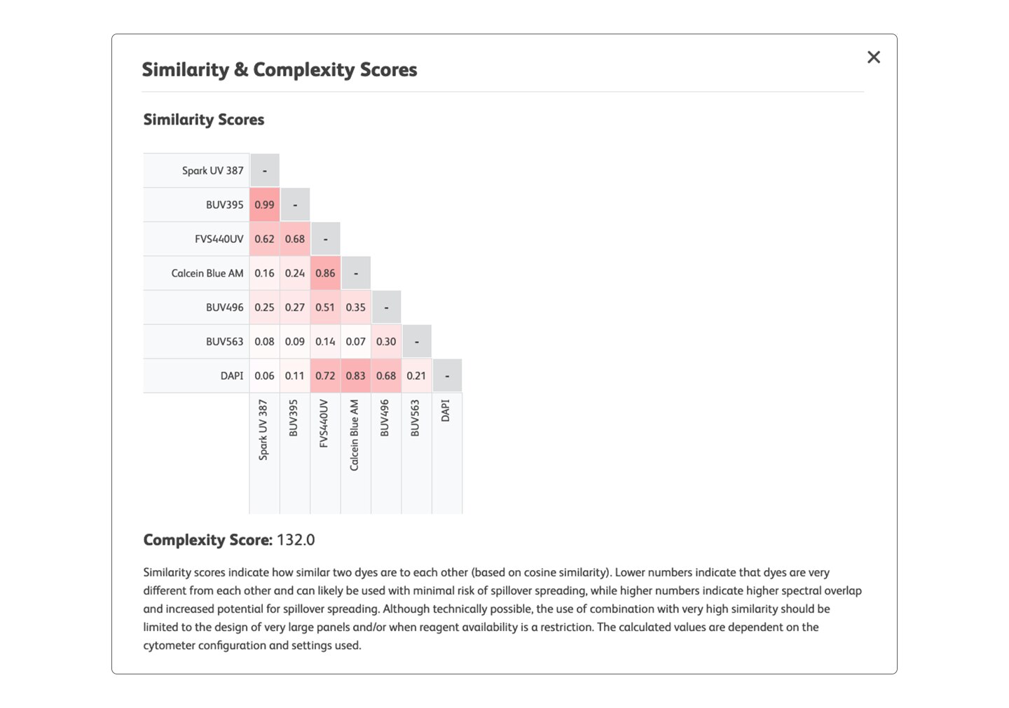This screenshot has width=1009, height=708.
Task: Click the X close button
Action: tap(873, 57)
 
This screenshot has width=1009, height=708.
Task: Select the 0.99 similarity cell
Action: tap(264, 204)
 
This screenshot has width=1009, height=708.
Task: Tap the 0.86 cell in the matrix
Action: tap(325, 273)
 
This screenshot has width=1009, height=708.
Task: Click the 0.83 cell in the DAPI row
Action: tap(355, 375)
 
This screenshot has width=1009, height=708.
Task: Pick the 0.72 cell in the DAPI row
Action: tap(325, 375)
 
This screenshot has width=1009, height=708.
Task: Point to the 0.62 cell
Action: tap(264, 239)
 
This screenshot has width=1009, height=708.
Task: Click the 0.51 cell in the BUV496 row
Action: tap(325, 307)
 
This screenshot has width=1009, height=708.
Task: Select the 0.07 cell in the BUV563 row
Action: tap(355, 342)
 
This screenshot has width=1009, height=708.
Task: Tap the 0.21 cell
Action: tap(416, 375)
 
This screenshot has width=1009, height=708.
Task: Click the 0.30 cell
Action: tap(386, 342)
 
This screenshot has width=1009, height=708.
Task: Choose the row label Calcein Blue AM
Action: tap(207, 273)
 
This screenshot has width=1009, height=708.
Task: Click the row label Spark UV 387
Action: tap(212, 170)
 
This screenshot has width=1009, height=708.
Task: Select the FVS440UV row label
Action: tap(219, 239)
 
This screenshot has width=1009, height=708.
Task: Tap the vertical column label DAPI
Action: tap(446, 410)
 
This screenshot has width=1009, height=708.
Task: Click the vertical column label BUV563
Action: tap(416, 418)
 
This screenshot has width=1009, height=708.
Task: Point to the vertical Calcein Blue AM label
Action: tap(355, 435)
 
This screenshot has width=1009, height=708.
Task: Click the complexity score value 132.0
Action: tap(296, 540)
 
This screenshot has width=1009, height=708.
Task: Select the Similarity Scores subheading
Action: tap(204, 120)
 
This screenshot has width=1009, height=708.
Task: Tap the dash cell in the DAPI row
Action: tap(447, 375)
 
